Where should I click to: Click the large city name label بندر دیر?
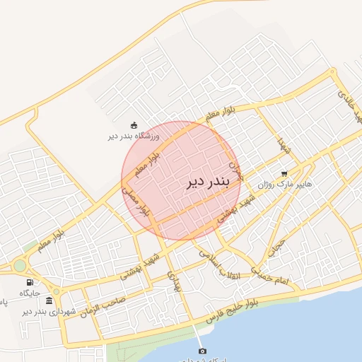(x=209, y=182)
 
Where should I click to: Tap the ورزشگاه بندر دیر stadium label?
(x=134, y=136)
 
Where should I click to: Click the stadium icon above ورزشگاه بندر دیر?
(x=134, y=125)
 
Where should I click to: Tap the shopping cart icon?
(x=284, y=173)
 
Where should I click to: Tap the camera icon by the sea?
(x=203, y=351)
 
